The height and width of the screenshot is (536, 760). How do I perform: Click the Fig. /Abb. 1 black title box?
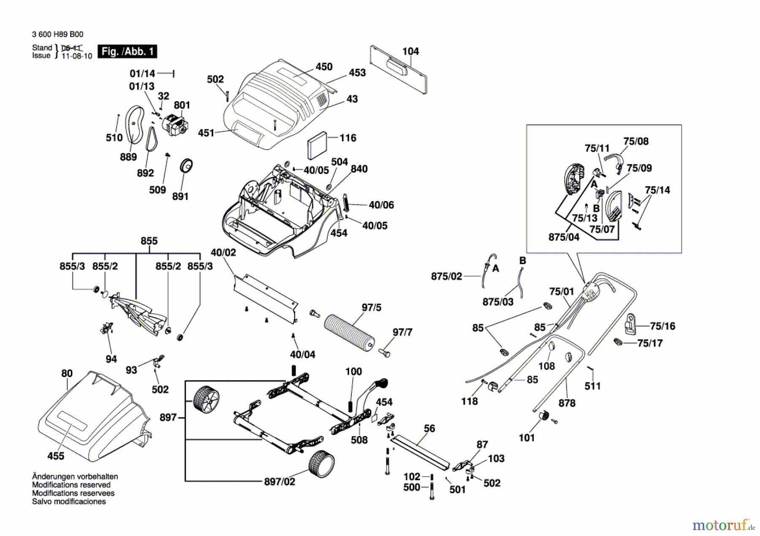[127, 51]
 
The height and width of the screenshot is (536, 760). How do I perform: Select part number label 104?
[410, 51]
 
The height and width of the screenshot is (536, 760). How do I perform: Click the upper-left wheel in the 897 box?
[206, 399]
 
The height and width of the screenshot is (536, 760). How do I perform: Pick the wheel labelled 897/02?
[321, 463]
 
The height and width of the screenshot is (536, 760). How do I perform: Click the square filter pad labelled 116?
[317, 145]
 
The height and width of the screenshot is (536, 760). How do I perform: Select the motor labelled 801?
[175, 124]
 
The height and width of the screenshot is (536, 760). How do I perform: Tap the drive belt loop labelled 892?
[152, 139]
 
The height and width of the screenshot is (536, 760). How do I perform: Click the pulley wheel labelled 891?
[186, 166]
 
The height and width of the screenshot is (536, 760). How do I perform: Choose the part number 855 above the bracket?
[149, 241]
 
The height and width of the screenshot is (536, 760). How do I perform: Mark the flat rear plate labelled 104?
[398, 69]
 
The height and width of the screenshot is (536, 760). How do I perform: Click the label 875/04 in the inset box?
[564, 237]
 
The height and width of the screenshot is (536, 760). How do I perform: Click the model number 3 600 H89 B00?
[57, 34]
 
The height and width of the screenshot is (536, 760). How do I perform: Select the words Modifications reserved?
[71, 485]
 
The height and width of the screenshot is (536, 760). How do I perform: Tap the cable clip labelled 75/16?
[630, 324]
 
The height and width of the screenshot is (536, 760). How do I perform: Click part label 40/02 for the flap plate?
[223, 252]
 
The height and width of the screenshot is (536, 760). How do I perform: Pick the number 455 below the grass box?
[56, 456]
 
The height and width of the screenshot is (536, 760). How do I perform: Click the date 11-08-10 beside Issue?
[77, 56]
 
